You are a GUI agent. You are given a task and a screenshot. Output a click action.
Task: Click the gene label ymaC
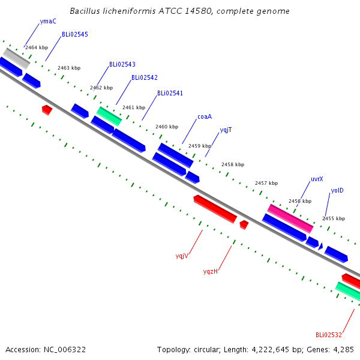pyautogui.click(x=48, y=22)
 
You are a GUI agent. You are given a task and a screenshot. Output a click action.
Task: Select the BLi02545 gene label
pyautogui.click(x=75, y=34)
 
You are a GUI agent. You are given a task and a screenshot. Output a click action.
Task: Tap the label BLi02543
pyautogui.click(x=122, y=64)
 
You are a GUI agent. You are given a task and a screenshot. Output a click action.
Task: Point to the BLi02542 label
pyautogui.click(x=145, y=77)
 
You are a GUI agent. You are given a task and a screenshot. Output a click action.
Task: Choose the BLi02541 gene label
pyautogui.click(x=170, y=93)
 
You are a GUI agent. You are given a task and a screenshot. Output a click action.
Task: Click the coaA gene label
pyautogui.click(x=205, y=116)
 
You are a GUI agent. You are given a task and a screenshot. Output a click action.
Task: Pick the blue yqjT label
pyautogui.click(x=226, y=130)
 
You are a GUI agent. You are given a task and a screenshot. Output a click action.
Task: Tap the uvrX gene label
pyautogui.click(x=317, y=179)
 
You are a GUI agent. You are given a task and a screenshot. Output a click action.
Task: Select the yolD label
pyautogui.click(x=337, y=191)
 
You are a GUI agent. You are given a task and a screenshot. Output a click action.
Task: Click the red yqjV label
pyautogui.click(x=182, y=256)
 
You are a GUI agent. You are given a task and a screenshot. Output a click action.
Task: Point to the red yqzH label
pyautogui.click(x=211, y=271)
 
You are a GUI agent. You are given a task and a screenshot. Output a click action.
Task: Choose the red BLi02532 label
pyautogui.click(x=329, y=335)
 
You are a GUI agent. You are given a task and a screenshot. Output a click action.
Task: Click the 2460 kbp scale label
pyautogui.click(x=167, y=127)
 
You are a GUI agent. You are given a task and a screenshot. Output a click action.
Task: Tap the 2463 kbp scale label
pyautogui.click(x=69, y=68)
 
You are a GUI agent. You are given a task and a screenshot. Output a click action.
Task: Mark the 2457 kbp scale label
pyautogui.click(x=266, y=183)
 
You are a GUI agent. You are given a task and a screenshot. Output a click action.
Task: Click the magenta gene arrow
pyautogui.click(x=290, y=219)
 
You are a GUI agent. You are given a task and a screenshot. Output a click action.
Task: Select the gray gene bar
pyautogui.click(x=16, y=58)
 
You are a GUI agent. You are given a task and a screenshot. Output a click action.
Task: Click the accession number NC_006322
pyautogui.click(x=65, y=350)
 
